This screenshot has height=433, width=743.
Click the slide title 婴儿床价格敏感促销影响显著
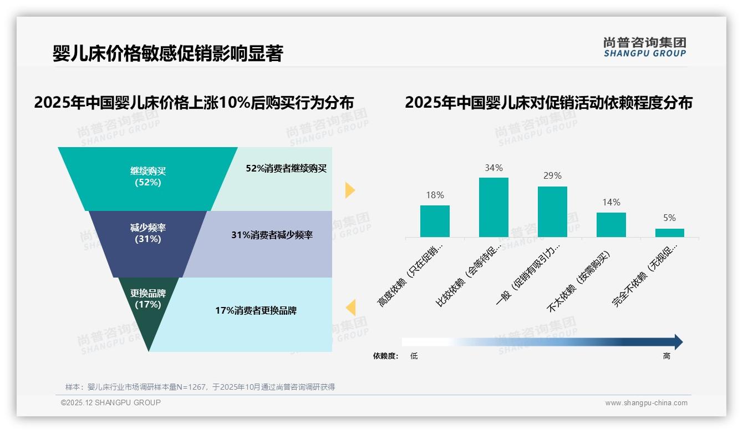167,54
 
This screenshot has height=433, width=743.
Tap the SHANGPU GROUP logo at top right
644,47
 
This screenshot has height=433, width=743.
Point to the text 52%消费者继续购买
286,168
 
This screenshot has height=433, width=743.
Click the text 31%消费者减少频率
272,235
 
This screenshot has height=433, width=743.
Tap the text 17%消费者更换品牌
256,310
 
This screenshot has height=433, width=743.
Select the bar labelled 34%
493,207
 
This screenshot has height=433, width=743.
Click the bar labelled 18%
435,221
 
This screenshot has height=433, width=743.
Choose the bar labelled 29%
552,212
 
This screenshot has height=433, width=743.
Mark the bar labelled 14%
611,224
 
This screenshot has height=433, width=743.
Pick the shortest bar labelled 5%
670,233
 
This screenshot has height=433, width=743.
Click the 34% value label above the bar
493,168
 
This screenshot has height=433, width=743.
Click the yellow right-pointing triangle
349,190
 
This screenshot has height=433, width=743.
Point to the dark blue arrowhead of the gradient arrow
678,342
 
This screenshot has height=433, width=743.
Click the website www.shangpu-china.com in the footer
646,403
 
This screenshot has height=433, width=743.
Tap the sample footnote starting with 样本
200,387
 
